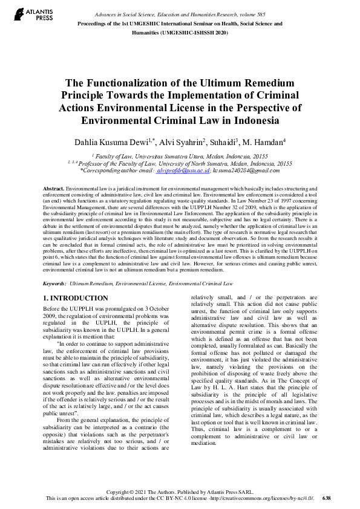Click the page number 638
(327, 498)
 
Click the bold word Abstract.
(54, 189)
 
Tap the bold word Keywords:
(55, 283)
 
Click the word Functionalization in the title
(136, 84)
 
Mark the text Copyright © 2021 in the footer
(126, 491)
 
